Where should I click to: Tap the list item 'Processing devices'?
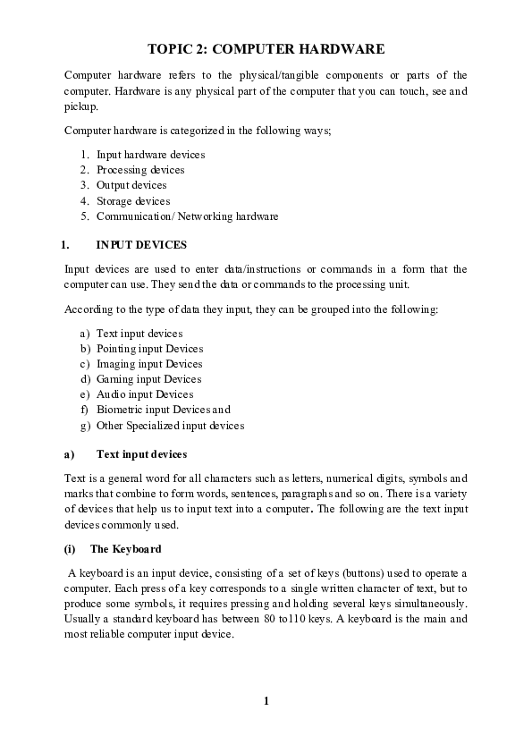coord(140,170)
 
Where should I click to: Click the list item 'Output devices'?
coord(131,185)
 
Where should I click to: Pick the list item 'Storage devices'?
coord(133,201)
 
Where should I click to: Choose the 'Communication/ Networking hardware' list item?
coord(187,216)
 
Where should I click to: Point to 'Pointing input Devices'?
coord(149,349)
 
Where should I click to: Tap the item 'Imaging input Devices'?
coord(149,364)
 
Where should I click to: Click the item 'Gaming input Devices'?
coord(148,379)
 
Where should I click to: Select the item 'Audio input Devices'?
coord(145,394)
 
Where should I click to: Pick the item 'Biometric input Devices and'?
coord(164,410)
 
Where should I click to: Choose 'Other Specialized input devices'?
coord(170,426)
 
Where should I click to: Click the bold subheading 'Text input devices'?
coord(141,454)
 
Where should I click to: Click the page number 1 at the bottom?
coord(266,700)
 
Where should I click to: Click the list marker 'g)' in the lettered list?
coord(85,426)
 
